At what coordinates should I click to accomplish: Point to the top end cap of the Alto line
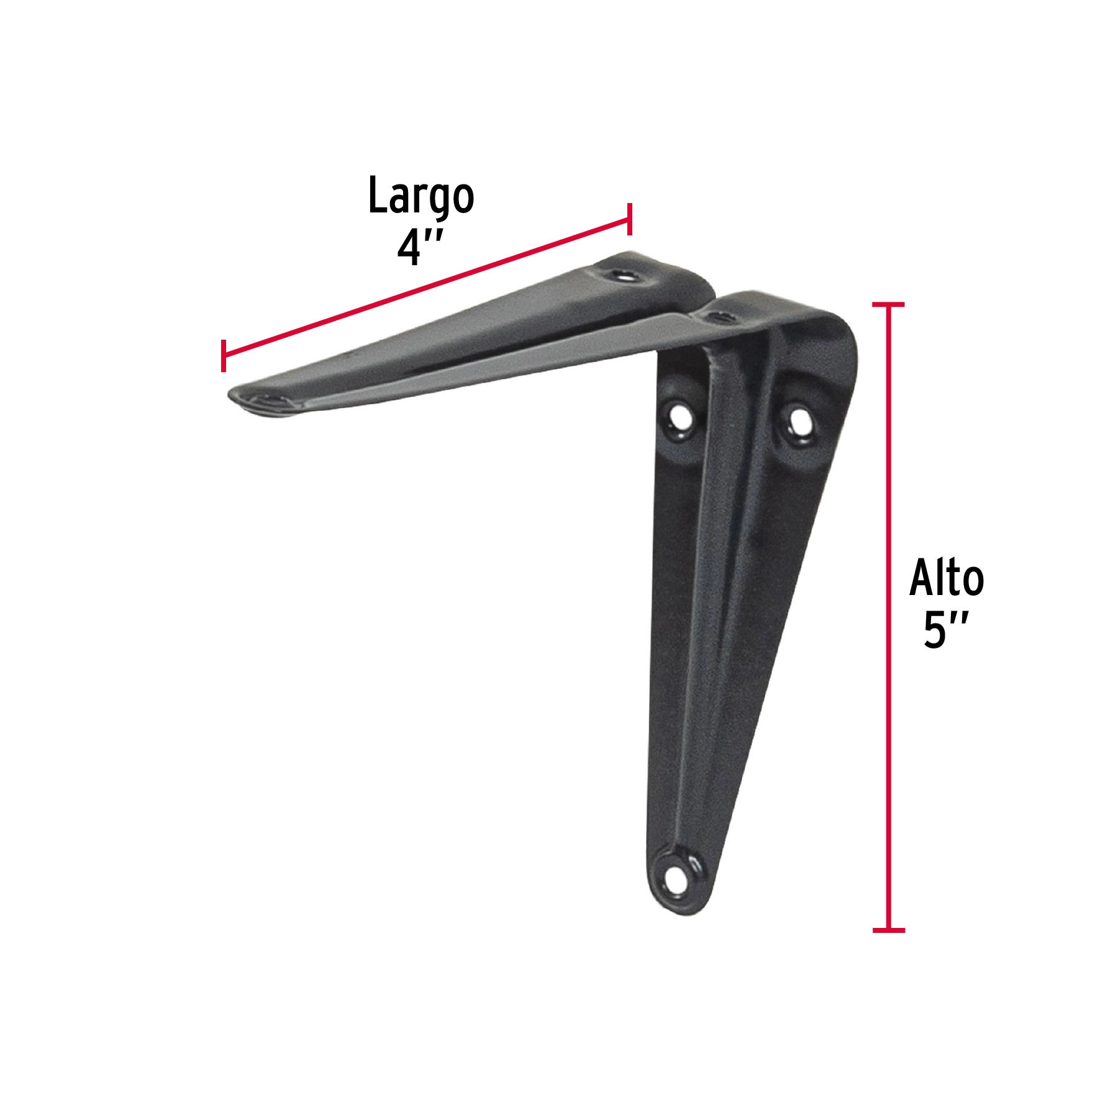click(888, 304)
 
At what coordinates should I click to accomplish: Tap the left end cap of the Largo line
click(223, 356)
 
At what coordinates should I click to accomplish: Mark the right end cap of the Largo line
click(630, 219)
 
